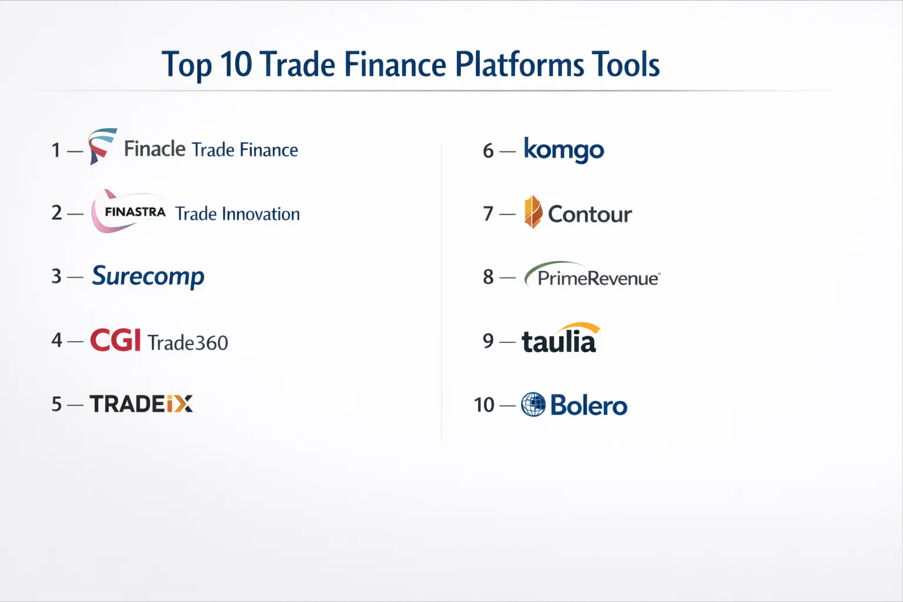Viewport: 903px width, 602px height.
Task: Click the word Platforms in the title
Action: coord(519,65)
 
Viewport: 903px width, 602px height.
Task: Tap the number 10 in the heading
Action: coord(236,64)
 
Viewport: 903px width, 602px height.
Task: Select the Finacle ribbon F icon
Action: coord(102,146)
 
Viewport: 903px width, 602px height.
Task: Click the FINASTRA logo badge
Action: coord(129,211)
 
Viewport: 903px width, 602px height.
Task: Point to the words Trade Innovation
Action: coord(238,214)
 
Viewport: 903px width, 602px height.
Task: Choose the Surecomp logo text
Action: coord(148,277)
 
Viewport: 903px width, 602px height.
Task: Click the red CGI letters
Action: coord(115,340)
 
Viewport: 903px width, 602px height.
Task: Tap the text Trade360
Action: coord(188,343)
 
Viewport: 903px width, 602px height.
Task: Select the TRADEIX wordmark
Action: coord(141,404)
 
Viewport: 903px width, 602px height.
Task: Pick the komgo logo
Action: coord(564,150)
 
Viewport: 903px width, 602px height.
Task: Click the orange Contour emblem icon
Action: coord(533,212)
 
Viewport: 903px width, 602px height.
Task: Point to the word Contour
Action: coord(590,214)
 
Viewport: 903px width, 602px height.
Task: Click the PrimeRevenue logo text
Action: coord(592,275)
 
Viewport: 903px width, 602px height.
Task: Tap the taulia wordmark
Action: coord(560,339)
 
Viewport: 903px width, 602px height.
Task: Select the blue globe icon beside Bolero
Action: coord(533,404)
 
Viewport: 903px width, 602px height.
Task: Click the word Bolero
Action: coord(589,405)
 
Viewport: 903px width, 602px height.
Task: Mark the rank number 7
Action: coord(488,214)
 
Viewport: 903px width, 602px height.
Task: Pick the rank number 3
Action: coord(56,277)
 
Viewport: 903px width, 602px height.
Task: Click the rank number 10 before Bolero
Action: coord(484,405)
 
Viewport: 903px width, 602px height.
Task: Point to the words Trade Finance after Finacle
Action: coord(245,150)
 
